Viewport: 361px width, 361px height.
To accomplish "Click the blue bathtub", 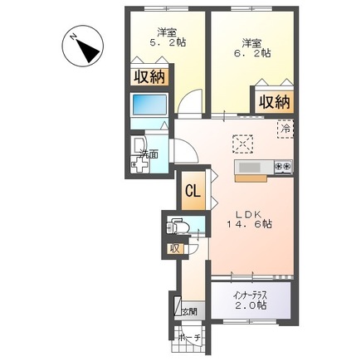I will [x=150, y=106].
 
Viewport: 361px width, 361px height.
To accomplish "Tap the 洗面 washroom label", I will [x=149, y=154].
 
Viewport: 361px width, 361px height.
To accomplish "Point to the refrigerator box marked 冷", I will [x=285, y=129].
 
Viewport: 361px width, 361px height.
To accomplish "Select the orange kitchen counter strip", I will [x=249, y=176].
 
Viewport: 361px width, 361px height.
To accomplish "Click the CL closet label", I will [x=192, y=191].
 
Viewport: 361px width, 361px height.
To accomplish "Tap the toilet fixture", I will [x=178, y=226].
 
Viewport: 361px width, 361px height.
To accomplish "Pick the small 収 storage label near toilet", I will [x=174, y=248].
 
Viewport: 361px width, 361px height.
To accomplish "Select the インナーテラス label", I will [x=249, y=294].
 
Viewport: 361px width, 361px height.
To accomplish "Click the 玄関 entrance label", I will [x=190, y=310].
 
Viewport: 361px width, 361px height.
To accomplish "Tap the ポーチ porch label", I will [x=189, y=337].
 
